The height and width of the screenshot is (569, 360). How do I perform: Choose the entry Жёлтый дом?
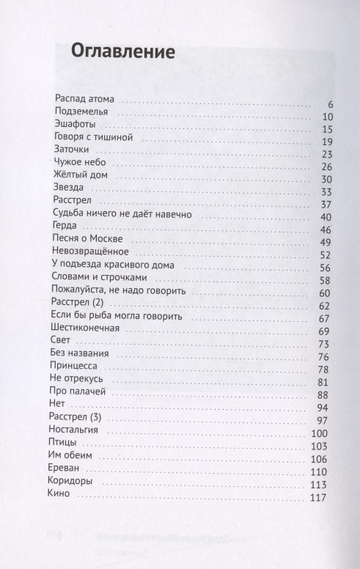82,179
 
